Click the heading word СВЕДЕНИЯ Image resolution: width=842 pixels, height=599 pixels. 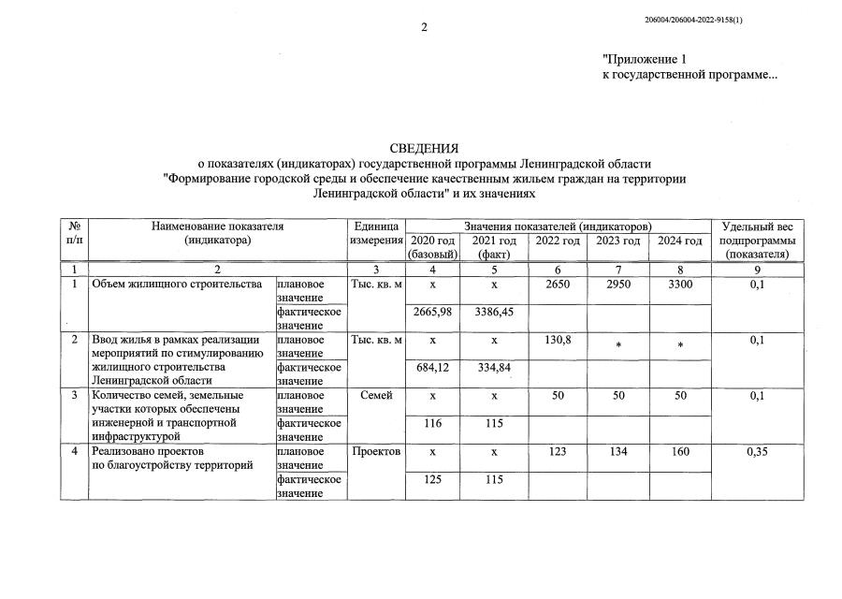click(424, 148)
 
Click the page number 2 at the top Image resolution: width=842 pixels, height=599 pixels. click(423, 27)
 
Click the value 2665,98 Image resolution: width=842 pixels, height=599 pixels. click(431, 312)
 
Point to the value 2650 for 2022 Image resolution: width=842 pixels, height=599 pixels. click(558, 285)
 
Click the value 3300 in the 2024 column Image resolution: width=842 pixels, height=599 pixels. click(680, 285)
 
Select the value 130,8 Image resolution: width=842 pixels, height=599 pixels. click(558, 340)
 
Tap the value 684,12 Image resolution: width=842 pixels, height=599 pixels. click(431, 368)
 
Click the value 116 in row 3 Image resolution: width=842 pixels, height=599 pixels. click(431, 424)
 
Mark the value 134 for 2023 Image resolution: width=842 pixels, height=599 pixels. click(618, 452)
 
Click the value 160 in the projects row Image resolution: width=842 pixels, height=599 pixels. click(680, 452)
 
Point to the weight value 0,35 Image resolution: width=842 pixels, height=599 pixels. click(758, 452)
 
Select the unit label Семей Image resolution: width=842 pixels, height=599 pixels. click(376, 396)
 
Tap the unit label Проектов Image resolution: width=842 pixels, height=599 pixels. click(376, 452)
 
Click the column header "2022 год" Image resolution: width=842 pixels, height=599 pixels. click(558, 241)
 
